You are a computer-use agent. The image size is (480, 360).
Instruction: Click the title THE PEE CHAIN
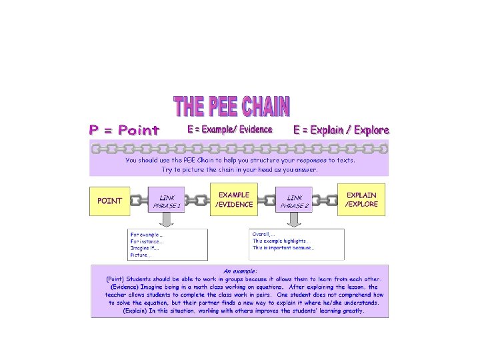[231, 107]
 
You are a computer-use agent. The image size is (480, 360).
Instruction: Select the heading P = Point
[125, 130]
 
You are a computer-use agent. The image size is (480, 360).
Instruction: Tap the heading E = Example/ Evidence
[230, 129]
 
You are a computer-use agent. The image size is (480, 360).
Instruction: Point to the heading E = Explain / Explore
[341, 130]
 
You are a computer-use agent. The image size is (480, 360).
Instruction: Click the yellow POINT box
[109, 201]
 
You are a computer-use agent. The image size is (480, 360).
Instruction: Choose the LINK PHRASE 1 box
[167, 201]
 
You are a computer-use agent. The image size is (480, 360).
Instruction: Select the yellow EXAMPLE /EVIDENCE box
[234, 200]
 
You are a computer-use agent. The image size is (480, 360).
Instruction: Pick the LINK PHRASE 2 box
[294, 201]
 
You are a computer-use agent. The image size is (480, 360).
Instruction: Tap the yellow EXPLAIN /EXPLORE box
[361, 200]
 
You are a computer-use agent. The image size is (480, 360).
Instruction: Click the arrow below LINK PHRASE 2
[295, 221]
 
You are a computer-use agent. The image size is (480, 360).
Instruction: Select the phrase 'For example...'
[147, 235]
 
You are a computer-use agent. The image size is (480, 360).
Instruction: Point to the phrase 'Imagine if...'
[145, 248]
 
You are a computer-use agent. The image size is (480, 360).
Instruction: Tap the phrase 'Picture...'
[141, 255]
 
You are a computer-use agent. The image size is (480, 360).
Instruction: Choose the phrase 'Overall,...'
[265, 234]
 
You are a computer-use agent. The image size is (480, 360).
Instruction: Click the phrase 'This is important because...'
[283, 248]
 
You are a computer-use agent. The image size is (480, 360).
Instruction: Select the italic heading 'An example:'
[240, 271]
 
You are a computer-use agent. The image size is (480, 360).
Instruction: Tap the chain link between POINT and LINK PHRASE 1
[138, 201]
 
